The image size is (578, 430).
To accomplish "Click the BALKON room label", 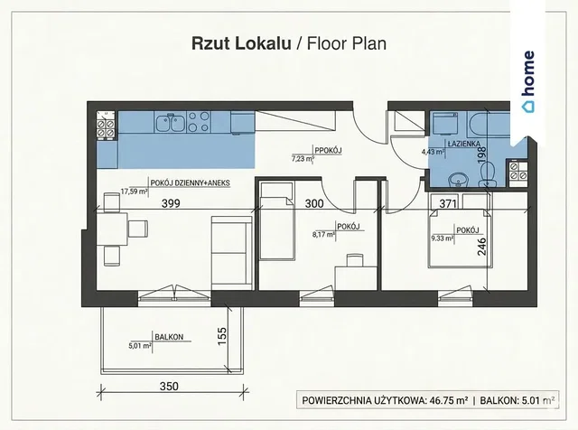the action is (169, 337).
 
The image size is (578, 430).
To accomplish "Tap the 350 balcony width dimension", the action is (169, 386).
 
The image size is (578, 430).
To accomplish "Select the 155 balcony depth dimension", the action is (221, 336).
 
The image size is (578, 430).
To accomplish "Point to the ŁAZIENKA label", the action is (464, 144).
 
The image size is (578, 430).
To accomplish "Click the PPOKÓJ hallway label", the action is (328, 150).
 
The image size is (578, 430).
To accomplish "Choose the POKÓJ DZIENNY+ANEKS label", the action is (191, 182).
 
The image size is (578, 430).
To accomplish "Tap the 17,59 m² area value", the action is (135, 192).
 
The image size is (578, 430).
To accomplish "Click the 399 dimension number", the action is (171, 203).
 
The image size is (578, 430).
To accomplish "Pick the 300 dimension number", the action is (314, 203).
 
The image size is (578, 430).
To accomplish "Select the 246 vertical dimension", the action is (481, 247).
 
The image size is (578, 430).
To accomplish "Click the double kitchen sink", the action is (170, 123).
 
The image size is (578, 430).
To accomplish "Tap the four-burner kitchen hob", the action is (199, 122).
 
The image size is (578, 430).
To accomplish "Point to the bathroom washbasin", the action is (458, 180).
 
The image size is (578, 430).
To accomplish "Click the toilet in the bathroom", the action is (488, 174).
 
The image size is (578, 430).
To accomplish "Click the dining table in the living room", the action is (112, 229).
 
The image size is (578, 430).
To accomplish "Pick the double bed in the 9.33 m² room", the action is (460, 238).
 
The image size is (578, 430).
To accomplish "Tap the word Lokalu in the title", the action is (263, 43).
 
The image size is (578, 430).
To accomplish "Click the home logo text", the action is (529, 73).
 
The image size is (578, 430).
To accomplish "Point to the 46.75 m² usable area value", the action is (449, 400).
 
